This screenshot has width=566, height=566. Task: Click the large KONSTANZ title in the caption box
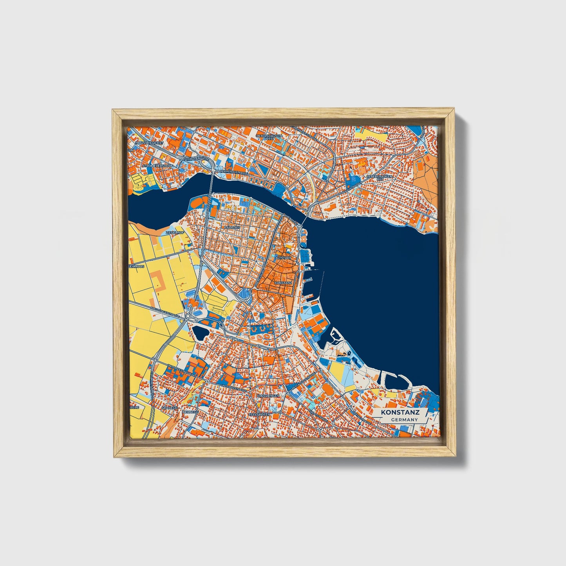(402, 412)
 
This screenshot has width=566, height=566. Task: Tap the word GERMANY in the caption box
(404, 420)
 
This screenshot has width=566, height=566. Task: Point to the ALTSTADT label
(283, 259)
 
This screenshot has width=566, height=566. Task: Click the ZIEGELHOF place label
(175, 232)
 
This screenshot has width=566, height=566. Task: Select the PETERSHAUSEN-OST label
(379, 178)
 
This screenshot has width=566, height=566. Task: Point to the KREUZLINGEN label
(268, 396)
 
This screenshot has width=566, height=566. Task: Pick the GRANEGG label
(169, 407)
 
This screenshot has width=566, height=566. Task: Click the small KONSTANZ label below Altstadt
(284, 282)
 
